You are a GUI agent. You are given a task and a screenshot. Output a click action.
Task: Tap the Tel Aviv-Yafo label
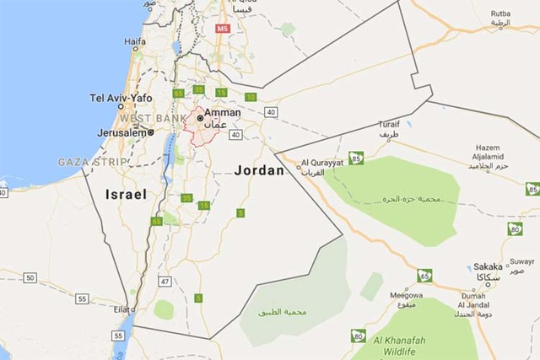[121, 98]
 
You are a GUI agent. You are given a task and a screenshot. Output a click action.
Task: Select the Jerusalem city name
[120, 132]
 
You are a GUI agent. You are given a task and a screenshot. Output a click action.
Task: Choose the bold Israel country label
[126, 195]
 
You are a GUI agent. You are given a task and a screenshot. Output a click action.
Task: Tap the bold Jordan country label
[260, 169]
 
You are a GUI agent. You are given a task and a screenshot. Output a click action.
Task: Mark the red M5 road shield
[223, 29]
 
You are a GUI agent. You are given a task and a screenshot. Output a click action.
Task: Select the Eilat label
[123, 310]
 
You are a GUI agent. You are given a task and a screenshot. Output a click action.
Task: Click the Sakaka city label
[488, 266]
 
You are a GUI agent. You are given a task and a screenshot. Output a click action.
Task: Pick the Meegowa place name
[406, 296]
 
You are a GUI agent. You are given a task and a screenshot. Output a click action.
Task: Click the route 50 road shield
[30, 277]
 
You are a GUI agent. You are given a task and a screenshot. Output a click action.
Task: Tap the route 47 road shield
[165, 282]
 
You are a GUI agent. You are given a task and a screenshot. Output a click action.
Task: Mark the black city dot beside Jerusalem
[150, 132]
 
